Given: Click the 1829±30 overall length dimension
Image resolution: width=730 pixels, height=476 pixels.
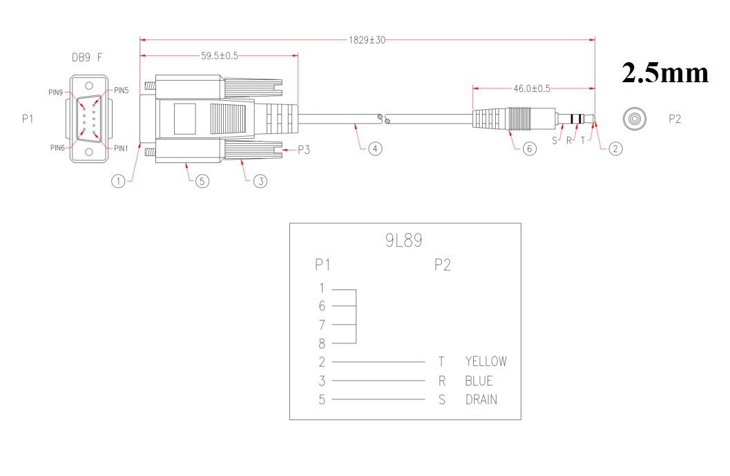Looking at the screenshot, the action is pyautogui.click(x=367, y=40).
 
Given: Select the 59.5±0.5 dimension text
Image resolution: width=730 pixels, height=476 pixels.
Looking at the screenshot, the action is pyautogui.click(x=220, y=56).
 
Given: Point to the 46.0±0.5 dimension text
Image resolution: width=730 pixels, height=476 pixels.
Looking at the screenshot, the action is pyautogui.click(x=532, y=88).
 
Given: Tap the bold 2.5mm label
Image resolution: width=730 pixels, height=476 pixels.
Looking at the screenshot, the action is pyautogui.click(x=665, y=73).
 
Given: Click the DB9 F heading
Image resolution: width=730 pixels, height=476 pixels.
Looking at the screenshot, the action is pyautogui.click(x=87, y=57).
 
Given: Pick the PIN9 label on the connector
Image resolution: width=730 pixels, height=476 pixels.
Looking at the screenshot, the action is pyautogui.click(x=55, y=92).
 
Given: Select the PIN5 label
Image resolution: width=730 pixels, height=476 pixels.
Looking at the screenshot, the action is pyautogui.click(x=121, y=91).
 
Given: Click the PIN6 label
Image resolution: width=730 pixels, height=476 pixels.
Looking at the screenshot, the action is pyautogui.click(x=57, y=148).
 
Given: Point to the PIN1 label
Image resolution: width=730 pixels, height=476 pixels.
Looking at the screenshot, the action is pyautogui.click(x=121, y=148).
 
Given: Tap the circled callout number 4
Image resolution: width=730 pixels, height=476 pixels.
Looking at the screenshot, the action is pyautogui.click(x=375, y=149).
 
